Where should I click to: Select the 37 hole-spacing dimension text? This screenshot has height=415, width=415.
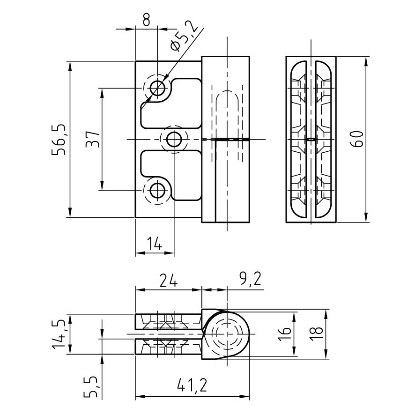coord(93,139)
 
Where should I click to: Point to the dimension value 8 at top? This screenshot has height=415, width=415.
coord(146,19)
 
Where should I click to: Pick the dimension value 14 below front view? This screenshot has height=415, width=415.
coord(154,244)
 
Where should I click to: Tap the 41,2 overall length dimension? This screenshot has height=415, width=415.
coord(192,385)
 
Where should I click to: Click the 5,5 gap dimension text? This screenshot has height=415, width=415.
coord(92,387)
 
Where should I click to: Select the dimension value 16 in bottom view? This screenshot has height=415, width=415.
coord(287,333)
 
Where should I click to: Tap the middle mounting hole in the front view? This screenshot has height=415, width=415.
coord(175,139)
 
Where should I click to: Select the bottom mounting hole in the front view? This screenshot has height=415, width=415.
coord(158,191)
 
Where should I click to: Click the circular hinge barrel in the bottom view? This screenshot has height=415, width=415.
coord(227,333)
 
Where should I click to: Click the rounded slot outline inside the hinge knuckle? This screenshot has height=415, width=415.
coord(227,112)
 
